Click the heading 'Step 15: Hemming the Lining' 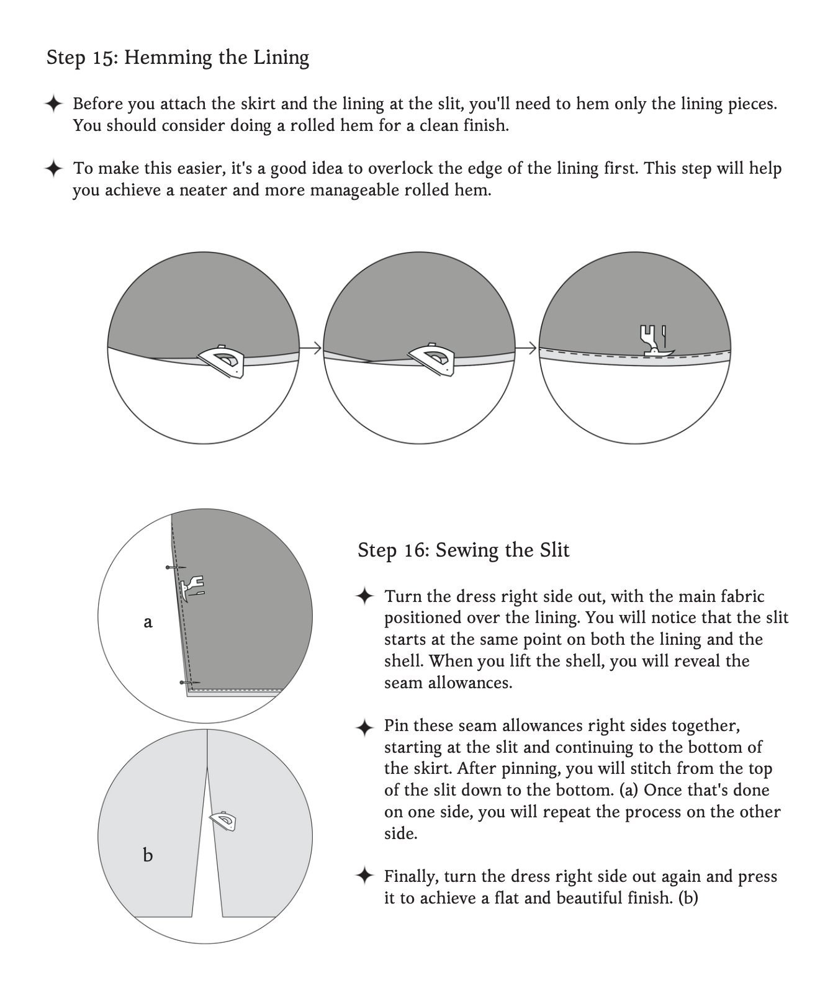pyautogui.click(x=178, y=58)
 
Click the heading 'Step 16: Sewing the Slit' pyautogui.click(x=463, y=550)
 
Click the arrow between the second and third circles pyautogui.click(x=526, y=349)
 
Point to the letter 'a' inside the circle pyautogui.click(x=148, y=622)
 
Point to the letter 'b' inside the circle pyautogui.click(x=148, y=856)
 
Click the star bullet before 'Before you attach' pyautogui.click(x=54, y=104)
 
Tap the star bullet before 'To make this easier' pyautogui.click(x=54, y=168)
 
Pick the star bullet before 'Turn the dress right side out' pyautogui.click(x=364, y=596)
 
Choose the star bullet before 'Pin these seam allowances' pyautogui.click(x=364, y=727)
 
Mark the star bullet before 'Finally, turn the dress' pyautogui.click(x=364, y=876)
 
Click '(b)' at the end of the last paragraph pyautogui.click(x=688, y=898)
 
